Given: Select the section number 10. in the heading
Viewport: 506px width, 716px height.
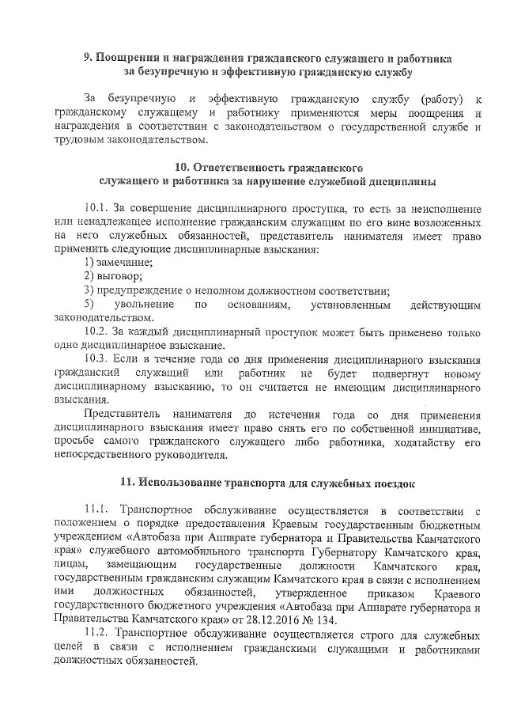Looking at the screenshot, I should (183, 168).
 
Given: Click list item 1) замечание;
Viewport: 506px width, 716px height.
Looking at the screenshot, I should (118, 262).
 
